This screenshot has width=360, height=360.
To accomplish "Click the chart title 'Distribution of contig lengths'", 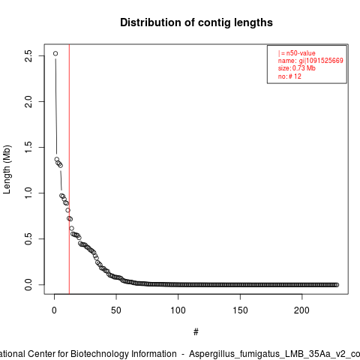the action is (196, 22).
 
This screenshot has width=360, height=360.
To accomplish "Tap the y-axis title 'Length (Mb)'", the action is (7, 169).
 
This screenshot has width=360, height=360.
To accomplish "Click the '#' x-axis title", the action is (196, 332).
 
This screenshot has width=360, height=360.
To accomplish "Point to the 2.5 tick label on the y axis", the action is (28, 55).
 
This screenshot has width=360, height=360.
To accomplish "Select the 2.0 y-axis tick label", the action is (28, 101).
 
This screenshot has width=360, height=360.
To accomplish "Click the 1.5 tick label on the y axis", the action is (28, 147).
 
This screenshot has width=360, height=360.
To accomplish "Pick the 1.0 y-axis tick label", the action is (28, 193).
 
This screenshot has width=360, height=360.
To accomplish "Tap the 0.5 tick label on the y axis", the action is (28, 238).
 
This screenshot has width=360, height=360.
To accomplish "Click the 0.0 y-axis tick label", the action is (28, 285).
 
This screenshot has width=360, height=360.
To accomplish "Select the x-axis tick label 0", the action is (54, 310).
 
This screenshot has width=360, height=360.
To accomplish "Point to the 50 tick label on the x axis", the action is (116, 310).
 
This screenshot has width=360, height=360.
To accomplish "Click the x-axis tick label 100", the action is (178, 310).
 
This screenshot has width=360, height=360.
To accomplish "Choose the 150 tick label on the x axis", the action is (240, 310).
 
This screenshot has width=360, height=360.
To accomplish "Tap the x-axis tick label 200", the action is (301, 310).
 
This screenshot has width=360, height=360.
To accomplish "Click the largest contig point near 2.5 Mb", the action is (55, 53).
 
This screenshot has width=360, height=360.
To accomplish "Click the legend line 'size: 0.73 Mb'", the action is (297, 68).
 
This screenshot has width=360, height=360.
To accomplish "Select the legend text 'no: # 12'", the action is (289, 76).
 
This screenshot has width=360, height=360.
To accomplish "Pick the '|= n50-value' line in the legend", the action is (297, 53).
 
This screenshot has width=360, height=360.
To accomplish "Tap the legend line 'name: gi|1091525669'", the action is (310, 61).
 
